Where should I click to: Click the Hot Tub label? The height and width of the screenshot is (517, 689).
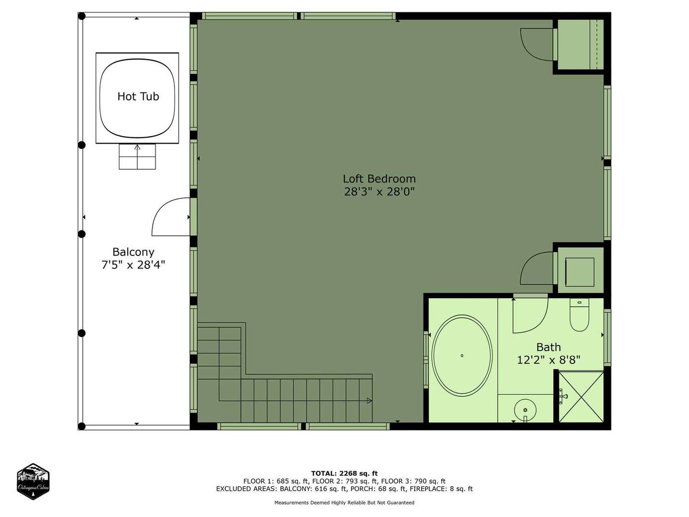[x=138, y=96]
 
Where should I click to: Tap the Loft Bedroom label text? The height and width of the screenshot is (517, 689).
[x=379, y=178]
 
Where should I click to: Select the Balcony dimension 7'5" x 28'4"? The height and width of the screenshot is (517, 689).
[x=133, y=265]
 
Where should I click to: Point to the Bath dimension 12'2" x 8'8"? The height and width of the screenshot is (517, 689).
[x=548, y=359]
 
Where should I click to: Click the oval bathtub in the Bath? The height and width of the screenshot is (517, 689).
[x=462, y=355]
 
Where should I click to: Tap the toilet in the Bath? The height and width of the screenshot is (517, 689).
[x=579, y=315]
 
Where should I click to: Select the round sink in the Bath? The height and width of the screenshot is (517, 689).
[x=525, y=410]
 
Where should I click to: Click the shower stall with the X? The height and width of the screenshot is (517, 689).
[x=581, y=397]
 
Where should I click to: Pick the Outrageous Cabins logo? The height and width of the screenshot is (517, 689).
[x=33, y=481]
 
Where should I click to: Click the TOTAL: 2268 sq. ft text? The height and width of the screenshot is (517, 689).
[x=344, y=473]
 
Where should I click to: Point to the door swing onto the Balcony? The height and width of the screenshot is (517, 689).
[x=171, y=217]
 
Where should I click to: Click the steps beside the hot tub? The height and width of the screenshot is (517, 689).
[x=137, y=157]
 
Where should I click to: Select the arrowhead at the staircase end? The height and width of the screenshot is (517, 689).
[x=369, y=401]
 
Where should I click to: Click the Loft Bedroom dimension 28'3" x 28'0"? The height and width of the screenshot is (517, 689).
[x=379, y=191]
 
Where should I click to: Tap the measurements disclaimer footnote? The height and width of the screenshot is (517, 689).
[x=344, y=503]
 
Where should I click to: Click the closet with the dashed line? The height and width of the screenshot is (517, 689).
[x=581, y=45]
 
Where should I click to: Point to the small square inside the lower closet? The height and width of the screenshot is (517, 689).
[x=580, y=272]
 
